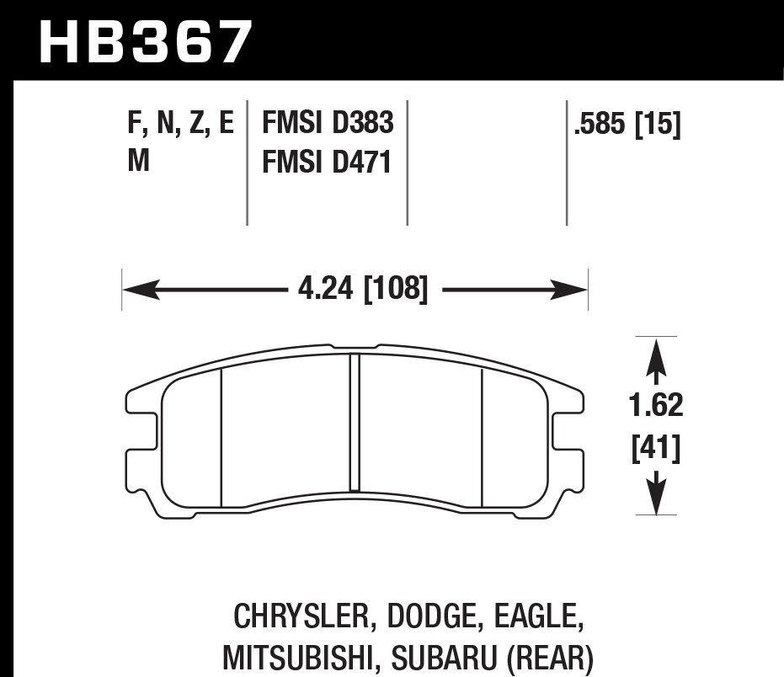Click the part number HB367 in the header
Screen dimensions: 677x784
click(146, 42)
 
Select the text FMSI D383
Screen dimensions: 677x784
click(328, 123)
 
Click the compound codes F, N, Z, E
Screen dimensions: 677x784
click(180, 124)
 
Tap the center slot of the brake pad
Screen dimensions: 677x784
click(355, 421)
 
